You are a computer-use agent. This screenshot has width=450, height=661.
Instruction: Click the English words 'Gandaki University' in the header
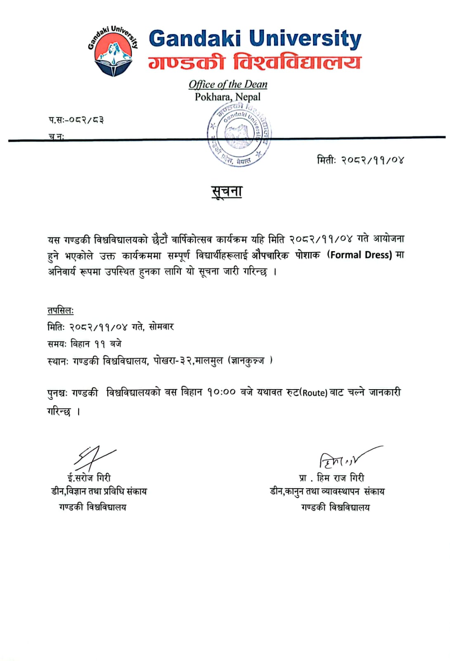pos(255,39)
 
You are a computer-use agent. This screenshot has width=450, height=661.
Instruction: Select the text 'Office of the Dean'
pos(228,84)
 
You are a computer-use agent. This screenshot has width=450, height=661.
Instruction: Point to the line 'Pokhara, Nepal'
pos(228,97)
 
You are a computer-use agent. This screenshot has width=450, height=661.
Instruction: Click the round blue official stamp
pos(239,134)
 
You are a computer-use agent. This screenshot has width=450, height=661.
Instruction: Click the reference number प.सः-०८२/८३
pos(76,120)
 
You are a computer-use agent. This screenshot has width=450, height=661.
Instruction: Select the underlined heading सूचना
pos(227,192)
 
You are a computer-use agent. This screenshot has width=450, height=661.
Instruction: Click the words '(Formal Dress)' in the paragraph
pos(359,255)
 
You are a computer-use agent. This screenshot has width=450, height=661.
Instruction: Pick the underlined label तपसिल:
pos(60,311)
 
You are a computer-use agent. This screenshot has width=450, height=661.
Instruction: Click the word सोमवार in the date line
pos(161,327)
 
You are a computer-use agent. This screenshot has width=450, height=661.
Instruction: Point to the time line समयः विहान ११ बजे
pos(85,344)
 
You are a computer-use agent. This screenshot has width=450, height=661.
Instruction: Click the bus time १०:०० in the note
pos(221,392)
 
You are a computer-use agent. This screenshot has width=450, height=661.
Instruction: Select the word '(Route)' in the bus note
pos(314,393)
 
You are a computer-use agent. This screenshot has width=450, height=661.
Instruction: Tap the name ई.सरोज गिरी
pos(89,478)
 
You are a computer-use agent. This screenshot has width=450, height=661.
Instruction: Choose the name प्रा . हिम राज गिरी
pos(332,478)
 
